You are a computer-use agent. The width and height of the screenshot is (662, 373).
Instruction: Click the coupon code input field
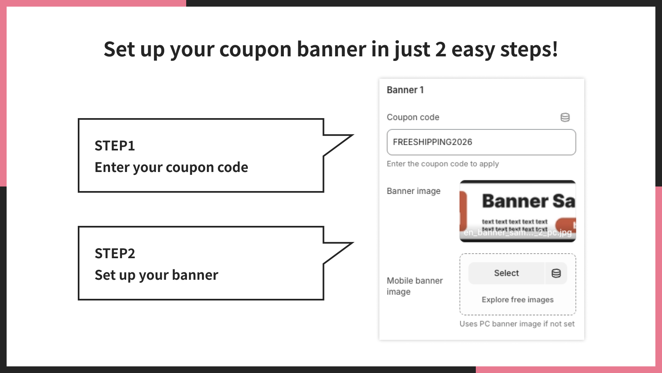(481, 142)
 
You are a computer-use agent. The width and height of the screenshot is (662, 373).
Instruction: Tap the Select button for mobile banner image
(506, 273)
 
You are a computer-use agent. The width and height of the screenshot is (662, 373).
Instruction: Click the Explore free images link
(517, 300)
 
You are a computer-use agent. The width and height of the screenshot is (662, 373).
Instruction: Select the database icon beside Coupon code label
(565, 117)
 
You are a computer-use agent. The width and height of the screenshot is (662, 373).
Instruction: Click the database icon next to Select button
(556, 273)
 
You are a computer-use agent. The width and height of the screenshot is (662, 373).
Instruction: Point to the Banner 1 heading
(405, 90)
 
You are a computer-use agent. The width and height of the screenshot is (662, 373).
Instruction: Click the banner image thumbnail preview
(517, 211)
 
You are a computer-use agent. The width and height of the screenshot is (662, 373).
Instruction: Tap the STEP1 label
(115, 146)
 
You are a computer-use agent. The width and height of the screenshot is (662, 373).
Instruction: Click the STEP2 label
(115, 254)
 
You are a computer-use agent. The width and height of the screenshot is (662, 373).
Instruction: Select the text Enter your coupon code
(171, 167)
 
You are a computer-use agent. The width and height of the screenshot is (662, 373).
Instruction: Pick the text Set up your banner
(156, 275)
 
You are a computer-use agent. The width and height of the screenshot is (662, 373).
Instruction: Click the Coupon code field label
(413, 117)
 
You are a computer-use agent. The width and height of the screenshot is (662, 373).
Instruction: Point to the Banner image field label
(413, 191)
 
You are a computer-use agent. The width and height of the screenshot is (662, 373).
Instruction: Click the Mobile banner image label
(414, 286)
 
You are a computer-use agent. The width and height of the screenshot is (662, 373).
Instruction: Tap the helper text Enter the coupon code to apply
(443, 164)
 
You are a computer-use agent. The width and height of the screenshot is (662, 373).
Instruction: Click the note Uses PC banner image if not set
(517, 324)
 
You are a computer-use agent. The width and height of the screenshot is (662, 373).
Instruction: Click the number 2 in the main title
(440, 49)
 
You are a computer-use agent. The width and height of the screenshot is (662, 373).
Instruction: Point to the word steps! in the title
(529, 50)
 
